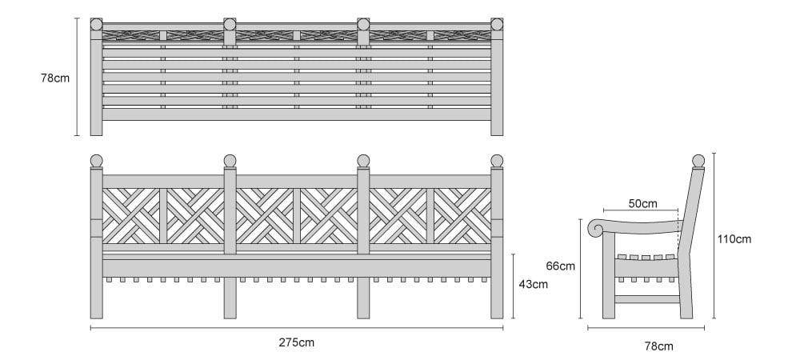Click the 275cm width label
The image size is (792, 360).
click(x=297, y=342)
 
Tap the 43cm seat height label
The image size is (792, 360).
click(x=533, y=284)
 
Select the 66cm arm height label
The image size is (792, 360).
click(x=561, y=266)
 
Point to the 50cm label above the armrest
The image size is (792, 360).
click(x=643, y=203)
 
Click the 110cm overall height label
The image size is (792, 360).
click(x=734, y=239)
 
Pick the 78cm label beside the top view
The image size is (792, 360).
click(x=55, y=78)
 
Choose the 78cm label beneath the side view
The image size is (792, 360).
click(x=658, y=346)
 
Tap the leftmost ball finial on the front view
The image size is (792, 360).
click(x=97, y=161)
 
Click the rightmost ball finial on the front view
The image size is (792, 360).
click(x=497, y=161)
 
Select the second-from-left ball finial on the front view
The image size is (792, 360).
click(x=230, y=161)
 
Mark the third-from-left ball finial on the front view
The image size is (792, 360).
click(x=363, y=161)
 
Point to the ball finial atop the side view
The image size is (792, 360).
click(x=698, y=161)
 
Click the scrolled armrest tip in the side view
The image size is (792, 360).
click(x=597, y=228)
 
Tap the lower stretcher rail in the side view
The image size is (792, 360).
click(x=647, y=299)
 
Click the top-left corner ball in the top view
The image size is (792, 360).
click(x=97, y=24)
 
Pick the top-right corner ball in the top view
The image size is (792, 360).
click(x=497, y=24)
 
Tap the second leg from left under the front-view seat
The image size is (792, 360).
click(x=230, y=298)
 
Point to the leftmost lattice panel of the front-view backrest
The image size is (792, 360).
click(x=131, y=216)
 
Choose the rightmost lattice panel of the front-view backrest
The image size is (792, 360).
click(x=462, y=216)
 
